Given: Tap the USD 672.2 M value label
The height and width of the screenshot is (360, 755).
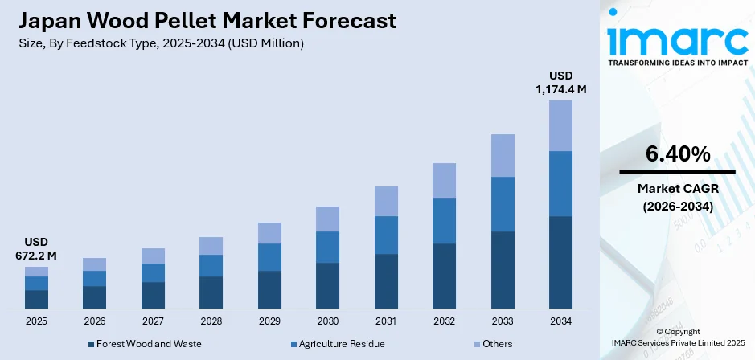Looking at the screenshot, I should click(x=36, y=248).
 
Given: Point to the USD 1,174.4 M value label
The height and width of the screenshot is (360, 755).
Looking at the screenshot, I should click(x=560, y=82).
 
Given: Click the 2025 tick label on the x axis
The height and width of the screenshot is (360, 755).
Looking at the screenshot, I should click(x=36, y=321).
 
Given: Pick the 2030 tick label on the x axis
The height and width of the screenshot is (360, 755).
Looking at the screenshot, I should click(x=327, y=321).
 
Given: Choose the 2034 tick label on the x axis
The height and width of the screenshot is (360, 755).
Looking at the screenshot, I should click(x=560, y=321).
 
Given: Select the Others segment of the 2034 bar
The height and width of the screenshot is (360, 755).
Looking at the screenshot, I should click(x=560, y=125).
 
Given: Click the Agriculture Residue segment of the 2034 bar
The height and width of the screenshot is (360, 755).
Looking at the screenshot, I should click(x=560, y=183).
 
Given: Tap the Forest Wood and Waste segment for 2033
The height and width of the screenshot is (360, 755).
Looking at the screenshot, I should click(x=503, y=270).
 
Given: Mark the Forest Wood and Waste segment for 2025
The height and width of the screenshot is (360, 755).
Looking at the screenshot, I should click(x=36, y=299).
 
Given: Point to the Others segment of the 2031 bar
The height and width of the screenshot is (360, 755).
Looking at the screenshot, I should click(x=386, y=201).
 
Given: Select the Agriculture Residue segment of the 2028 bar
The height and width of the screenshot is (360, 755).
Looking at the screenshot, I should click(x=211, y=265).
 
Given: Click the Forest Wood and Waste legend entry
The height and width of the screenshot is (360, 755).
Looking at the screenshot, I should click(x=145, y=344).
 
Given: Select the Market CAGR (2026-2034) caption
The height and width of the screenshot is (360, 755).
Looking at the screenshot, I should click(x=677, y=197).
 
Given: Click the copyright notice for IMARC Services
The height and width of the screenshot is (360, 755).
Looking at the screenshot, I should click(x=677, y=337).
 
